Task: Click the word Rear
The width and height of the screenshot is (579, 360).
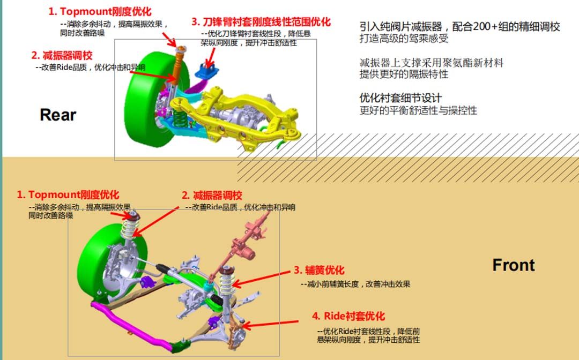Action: (58, 115)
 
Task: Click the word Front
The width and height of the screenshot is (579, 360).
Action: (513, 265)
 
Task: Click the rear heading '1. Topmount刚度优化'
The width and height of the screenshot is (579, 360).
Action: (100, 11)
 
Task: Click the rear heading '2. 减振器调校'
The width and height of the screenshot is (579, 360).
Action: (62, 55)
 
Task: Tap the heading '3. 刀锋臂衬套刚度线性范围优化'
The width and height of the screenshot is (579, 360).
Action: (261, 22)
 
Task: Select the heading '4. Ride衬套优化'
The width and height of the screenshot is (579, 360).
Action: (348, 316)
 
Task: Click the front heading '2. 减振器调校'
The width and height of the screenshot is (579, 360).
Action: (211, 195)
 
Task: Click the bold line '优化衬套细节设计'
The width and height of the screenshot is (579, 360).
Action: (400, 98)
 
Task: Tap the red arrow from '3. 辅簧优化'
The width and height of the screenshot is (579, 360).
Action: (263, 277)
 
